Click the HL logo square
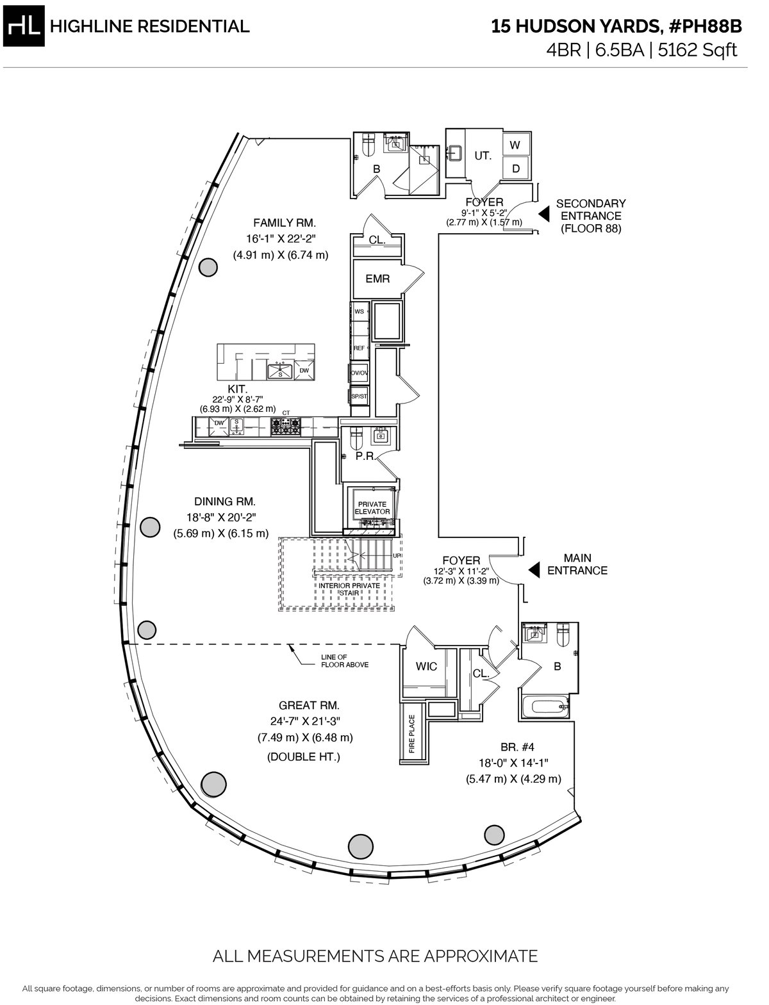[24, 26]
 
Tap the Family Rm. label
[285, 223]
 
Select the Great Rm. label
[309, 705]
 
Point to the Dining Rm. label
[225, 502]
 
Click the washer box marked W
[516, 145]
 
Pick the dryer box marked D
[516, 168]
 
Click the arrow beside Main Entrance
[534, 571]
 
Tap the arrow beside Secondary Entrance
[543, 214]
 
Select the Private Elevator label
[372, 508]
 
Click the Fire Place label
[412, 734]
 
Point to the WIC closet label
[426, 667]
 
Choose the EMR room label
[378, 279]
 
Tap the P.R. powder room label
[365, 457]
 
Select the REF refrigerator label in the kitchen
[359, 348]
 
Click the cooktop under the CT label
[286, 427]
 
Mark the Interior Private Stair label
[349, 589]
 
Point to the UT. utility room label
[483, 156]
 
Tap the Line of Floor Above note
[344, 661]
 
